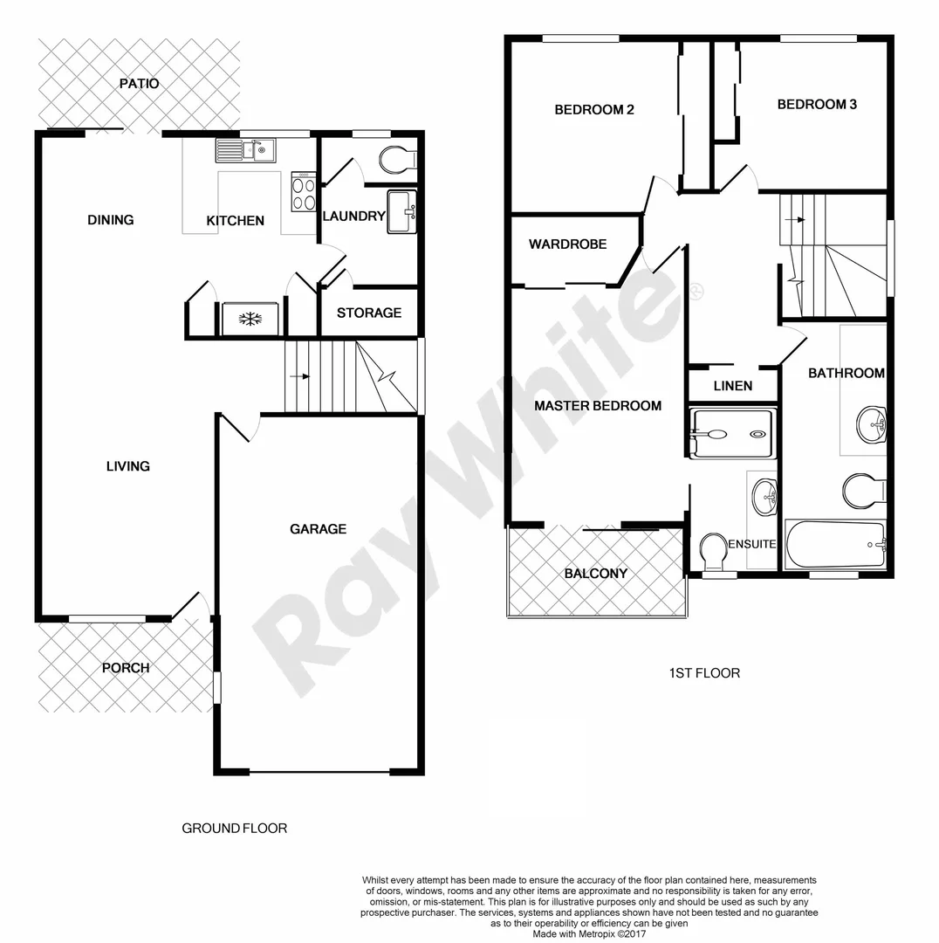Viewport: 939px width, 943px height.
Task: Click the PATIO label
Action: coord(140,84)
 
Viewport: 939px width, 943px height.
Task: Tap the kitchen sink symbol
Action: coord(245,151)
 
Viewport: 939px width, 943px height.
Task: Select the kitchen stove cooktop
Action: coord(304,193)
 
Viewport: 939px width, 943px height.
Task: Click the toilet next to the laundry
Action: coord(398,160)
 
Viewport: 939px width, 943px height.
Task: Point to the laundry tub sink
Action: coord(402,212)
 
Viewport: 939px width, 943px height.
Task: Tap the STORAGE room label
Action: coord(369,313)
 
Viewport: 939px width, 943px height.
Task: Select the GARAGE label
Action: coord(318,528)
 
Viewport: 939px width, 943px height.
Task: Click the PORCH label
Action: coord(126,668)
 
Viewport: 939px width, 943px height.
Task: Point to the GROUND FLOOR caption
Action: coord(234,828)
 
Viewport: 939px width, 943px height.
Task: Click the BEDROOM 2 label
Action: coord(593,110)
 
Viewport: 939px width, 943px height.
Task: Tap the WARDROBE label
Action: coord(567,244)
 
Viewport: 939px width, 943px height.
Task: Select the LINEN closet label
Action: coord(732,386)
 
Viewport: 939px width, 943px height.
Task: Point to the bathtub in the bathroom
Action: coord(835,545)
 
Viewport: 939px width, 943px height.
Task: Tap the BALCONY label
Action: coord(595,574)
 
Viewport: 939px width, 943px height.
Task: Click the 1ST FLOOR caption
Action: coord(703,673)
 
